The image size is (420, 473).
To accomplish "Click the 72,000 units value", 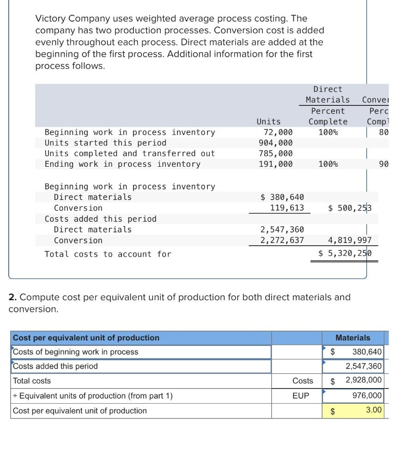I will click(x=275, y=133).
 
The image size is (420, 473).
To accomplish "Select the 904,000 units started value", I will click(x=275, y=143).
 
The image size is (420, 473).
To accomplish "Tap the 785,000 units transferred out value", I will click(x=275, y=153).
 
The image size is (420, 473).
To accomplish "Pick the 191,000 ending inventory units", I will click(x=275, y=164).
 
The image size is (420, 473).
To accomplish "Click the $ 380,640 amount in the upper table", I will click(x=282, y=197).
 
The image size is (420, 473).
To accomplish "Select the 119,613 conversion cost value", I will click(x=287, y=208).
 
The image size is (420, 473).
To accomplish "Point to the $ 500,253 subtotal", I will click(x=349, y=208).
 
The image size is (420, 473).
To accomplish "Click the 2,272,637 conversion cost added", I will click(x=282, y=240).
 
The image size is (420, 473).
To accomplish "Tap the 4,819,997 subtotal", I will click(x=349, y=240).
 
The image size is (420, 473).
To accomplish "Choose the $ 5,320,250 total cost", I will click(x=345, y=254).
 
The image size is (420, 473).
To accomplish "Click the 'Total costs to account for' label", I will click(x=108, y=254).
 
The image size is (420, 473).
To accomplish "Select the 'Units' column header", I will click(x=268, y=121).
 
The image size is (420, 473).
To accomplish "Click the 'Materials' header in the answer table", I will click(x=353, y=338).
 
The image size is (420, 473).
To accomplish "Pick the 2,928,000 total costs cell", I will click(x=364, y=381).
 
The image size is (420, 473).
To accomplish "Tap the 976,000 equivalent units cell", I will click(x=367, y=395).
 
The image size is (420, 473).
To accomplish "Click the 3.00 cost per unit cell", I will click(x=374, y=410).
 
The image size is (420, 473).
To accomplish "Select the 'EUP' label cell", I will click(x=301, y=396).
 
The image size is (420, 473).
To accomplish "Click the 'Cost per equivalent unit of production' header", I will click(x=86, y=338).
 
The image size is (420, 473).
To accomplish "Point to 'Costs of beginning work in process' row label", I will click(x=75, y=352).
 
